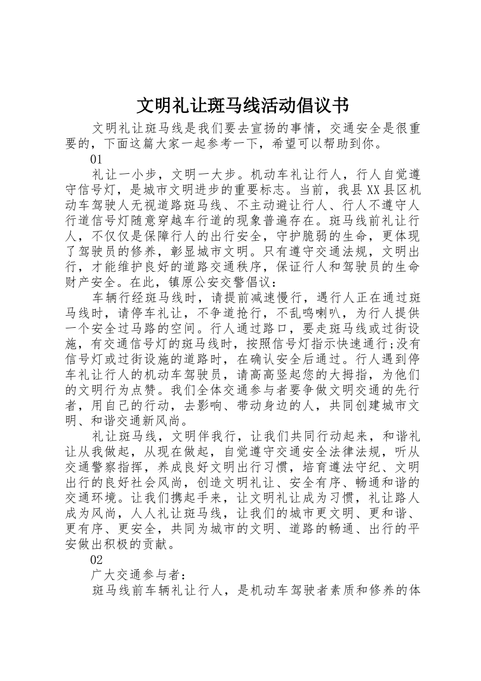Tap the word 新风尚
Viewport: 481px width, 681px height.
[165, 421]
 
